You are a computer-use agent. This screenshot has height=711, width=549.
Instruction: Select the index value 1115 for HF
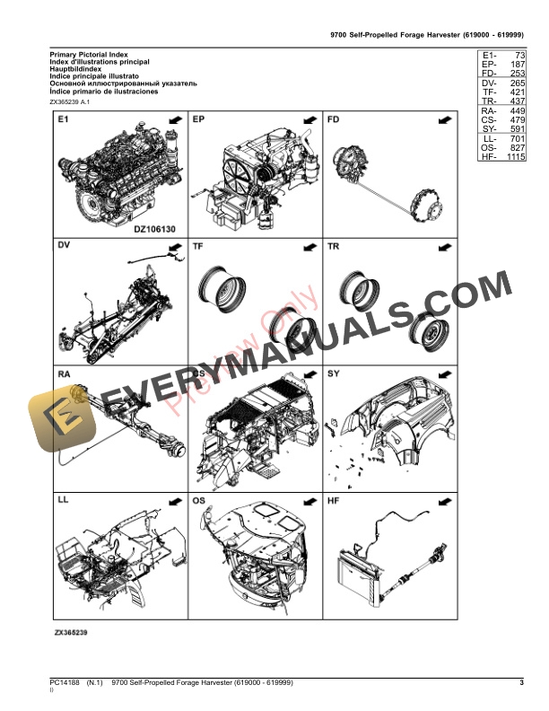(513, 157)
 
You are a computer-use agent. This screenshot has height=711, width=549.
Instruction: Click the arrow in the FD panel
(444, 119)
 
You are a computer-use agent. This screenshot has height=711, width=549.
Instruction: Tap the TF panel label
(198, 245)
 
